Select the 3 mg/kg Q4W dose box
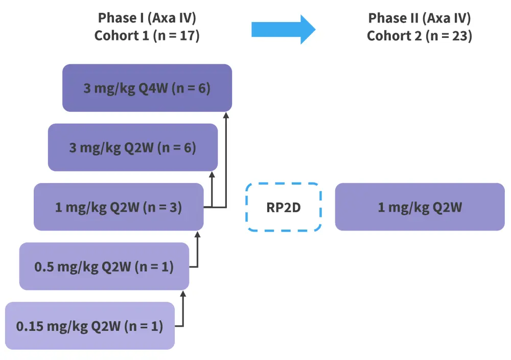pyautogui.click(x=147, y=88)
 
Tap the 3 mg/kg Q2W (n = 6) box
pyautogui.click(x=133, y=147)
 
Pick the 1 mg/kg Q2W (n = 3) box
pyautogui.click(x=119, y=207)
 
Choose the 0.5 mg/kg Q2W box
pyautogui.click(x=104, y=266)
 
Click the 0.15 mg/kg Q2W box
pyautogui.click(x=90, y=326)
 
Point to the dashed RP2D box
pyautogui.click(x=284, y=207)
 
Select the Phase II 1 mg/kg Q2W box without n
pyautogui.click(x=420, y=207)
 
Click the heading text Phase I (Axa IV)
pyautogui.click(x=147, y=18)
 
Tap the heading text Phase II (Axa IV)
pyautogui.click(x=420, y=18)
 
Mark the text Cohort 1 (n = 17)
pyautogui.click(x=147, y=36)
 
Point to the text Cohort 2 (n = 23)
pyautogui.click(x=420, y=36)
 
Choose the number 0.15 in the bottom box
pyautogui.click(x=30, y=326)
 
